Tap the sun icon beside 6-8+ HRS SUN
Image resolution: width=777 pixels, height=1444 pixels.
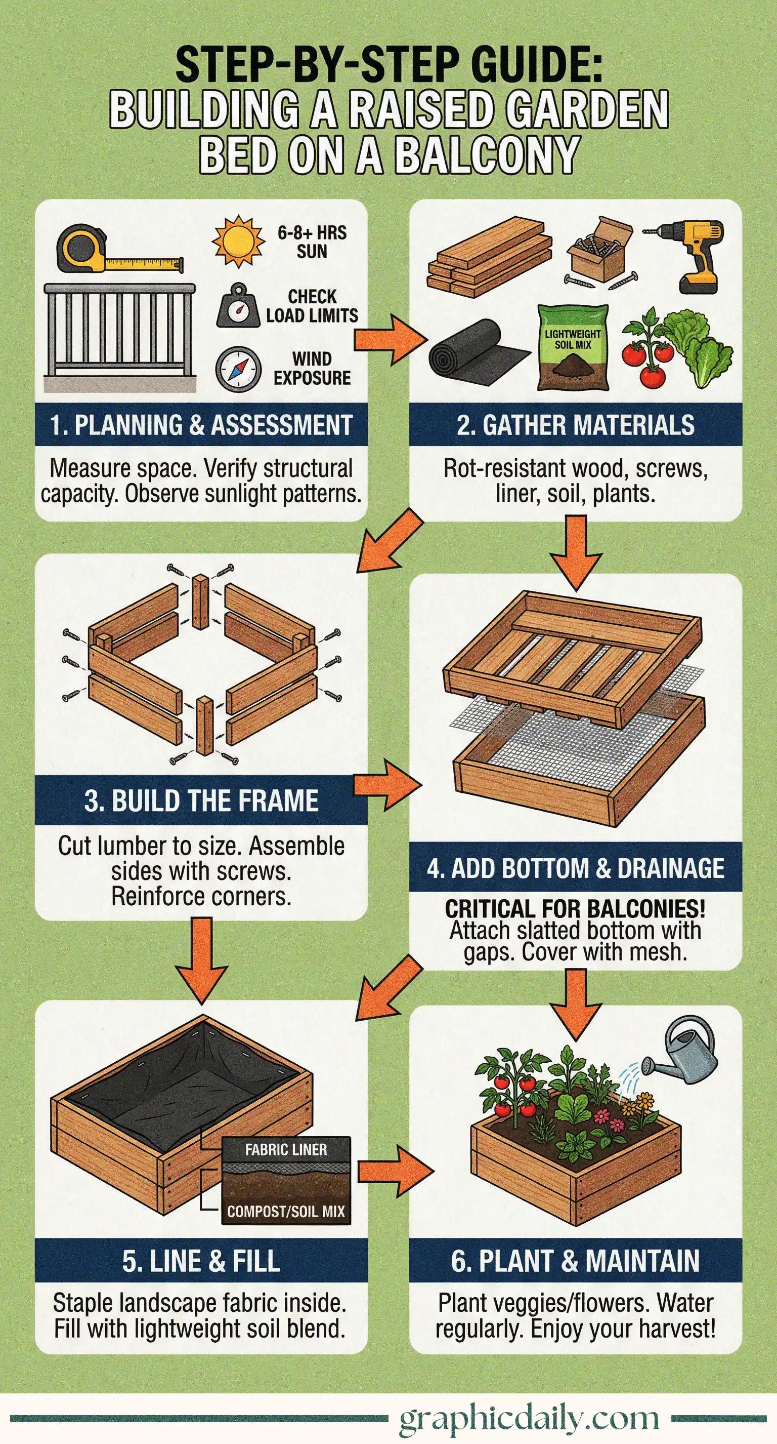click(238, 241)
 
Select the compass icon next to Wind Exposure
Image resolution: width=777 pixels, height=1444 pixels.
click(239, 370)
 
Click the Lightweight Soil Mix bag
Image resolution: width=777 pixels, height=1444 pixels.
click(573, 347)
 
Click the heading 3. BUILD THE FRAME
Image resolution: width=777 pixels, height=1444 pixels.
click(201, 800)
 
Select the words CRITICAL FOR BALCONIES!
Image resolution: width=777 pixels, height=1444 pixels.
click(575, 909)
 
